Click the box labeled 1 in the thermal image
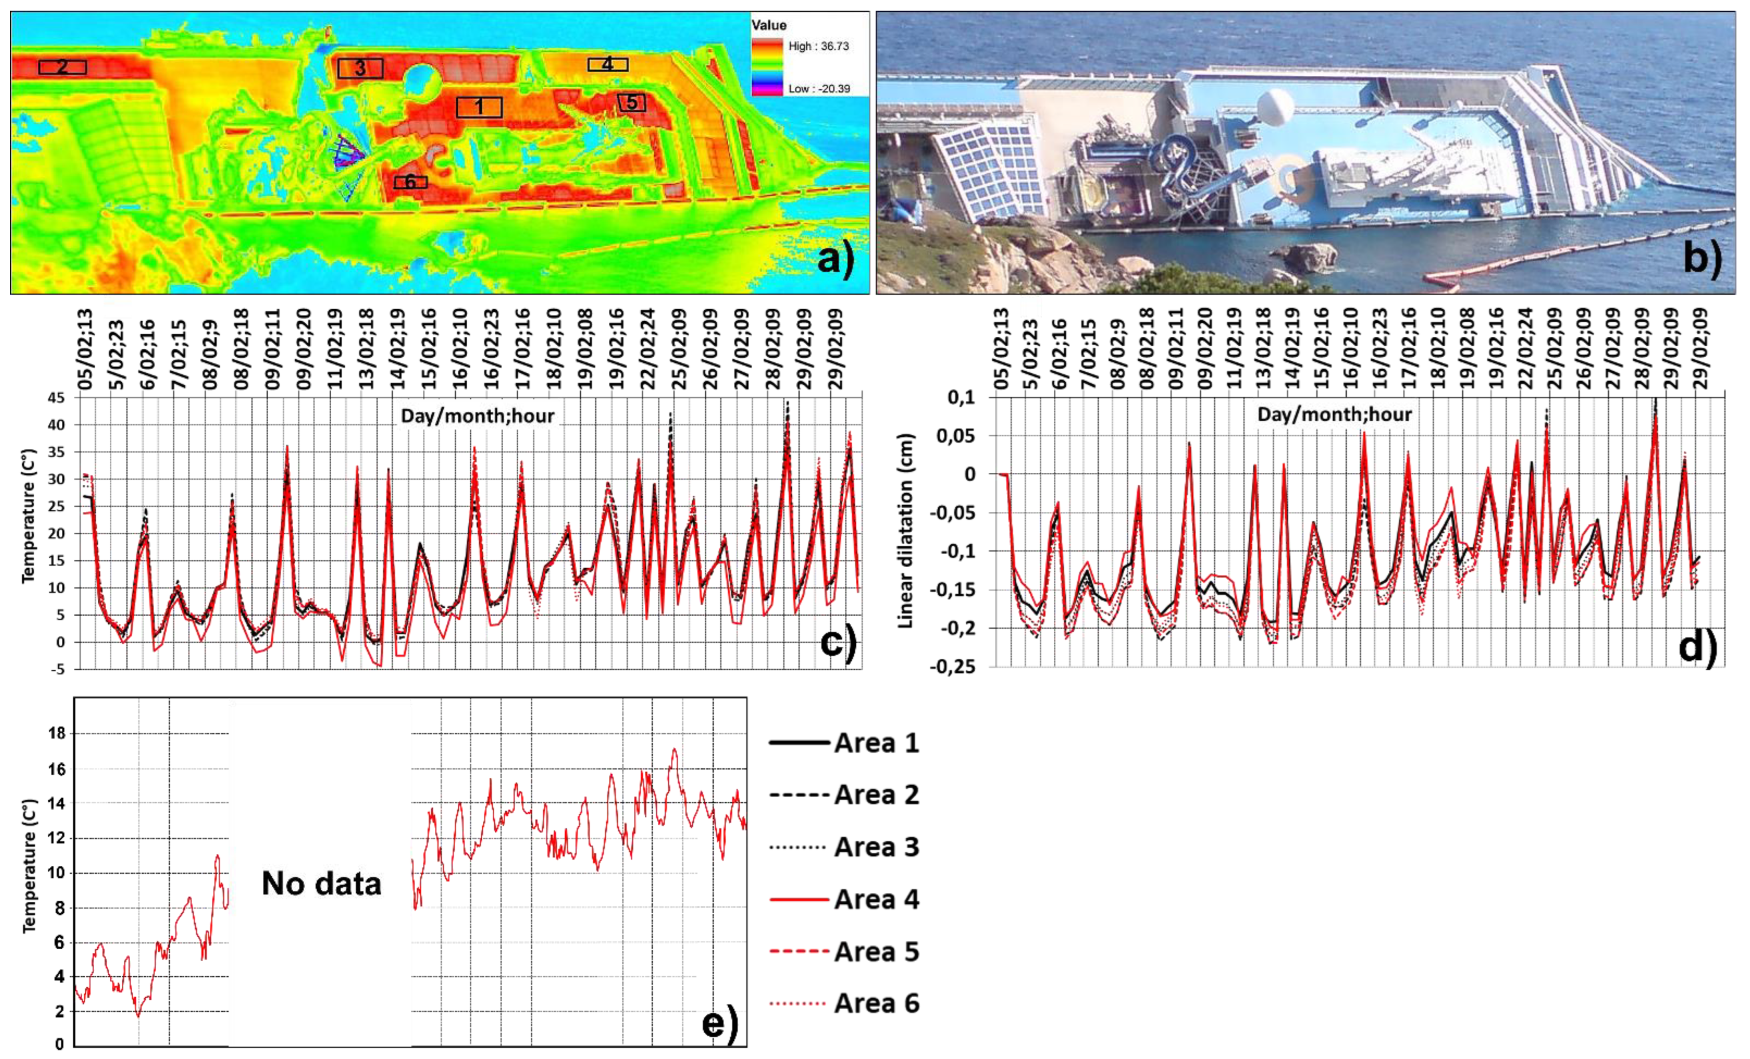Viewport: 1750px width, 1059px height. (x=479, y=107)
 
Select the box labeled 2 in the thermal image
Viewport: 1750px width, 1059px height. (x=62, y=67)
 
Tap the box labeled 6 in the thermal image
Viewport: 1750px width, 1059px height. (x=410, y=183)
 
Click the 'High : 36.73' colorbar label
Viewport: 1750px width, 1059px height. (x=818, y=46)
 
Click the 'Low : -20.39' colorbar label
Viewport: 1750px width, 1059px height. (x=818, y=89)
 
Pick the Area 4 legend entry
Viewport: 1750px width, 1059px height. (x=845, y=900)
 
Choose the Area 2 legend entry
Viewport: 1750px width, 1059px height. (x=845, y=795)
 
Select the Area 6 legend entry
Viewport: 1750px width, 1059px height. (x=845, y=1004)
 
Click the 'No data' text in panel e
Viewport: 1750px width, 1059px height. (x=321, y=883)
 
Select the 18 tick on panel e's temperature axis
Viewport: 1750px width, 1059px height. (x=55, y=734)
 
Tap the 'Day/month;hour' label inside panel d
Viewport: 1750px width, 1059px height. (x=1334, y=414)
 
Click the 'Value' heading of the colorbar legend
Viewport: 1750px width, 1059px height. (x=769, y=25)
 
